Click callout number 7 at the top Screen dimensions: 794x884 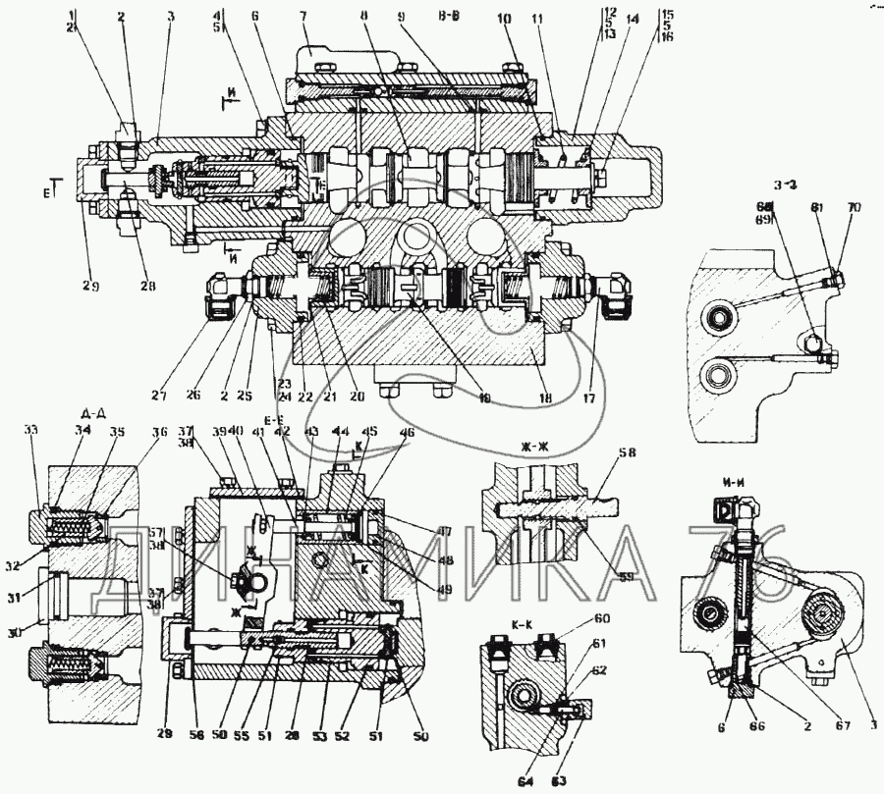(304, 16)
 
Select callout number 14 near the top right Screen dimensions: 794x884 (631, 17)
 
